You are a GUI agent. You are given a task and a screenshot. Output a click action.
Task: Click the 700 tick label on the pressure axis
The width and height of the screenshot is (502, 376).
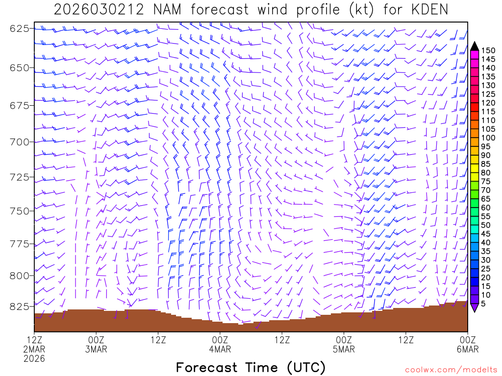[20, 142]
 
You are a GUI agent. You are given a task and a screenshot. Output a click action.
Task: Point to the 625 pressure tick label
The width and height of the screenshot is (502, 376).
[20, 28]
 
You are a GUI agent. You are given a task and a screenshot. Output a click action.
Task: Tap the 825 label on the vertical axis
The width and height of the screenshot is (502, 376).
[20, 306]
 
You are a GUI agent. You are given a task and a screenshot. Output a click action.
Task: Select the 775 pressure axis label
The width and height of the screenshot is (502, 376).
[20, 244]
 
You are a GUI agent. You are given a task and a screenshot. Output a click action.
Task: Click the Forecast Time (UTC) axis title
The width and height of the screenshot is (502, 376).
[251, 367]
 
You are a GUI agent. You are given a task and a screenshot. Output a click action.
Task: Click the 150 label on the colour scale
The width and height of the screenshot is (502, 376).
[488, 50]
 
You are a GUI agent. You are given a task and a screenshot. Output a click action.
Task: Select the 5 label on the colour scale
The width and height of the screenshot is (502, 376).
[484, 304]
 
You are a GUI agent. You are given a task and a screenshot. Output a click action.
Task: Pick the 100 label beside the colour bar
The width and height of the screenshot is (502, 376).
[488, 138]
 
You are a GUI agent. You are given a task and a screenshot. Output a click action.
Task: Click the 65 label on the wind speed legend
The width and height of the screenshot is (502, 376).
[486, 199]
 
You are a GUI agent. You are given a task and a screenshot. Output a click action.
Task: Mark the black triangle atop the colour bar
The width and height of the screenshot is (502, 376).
[475, 46]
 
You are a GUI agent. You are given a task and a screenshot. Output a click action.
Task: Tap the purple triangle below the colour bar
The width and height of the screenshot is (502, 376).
[475, 307]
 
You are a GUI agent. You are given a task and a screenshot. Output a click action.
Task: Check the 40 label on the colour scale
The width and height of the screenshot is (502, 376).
[486, 242]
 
